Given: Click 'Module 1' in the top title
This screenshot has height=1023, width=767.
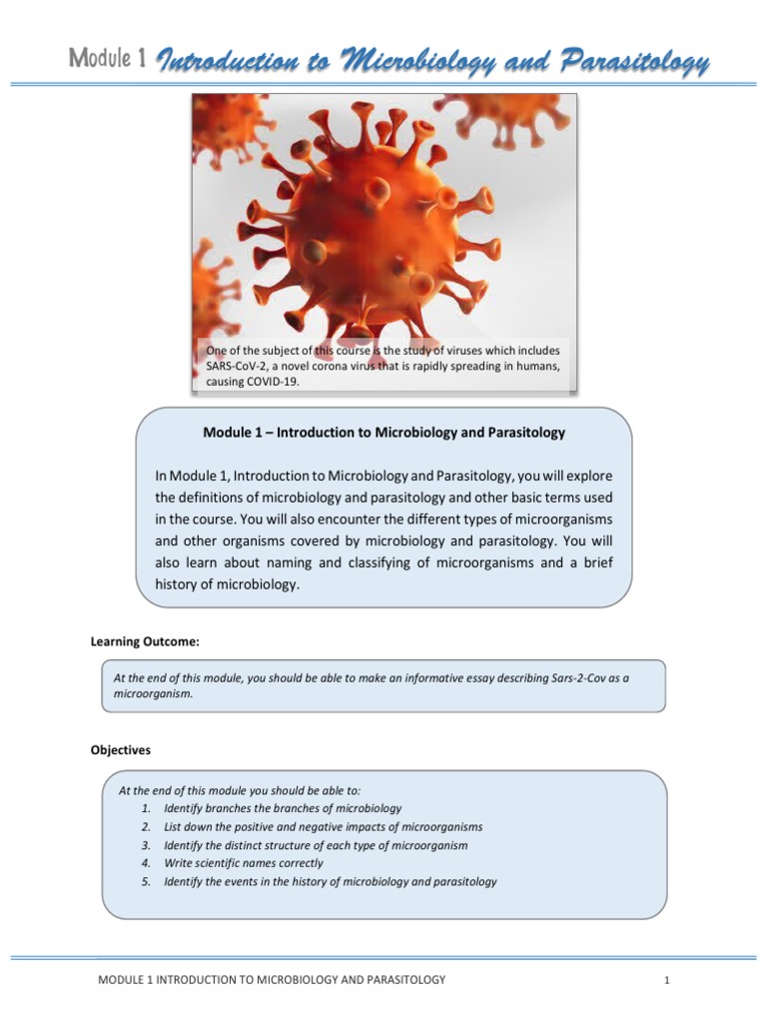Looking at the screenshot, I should click(x=109, y=59).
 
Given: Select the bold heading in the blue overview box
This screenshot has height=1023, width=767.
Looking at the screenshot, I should click(x=383, y=433).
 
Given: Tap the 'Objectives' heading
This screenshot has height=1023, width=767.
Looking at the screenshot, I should click(x=121, y=749).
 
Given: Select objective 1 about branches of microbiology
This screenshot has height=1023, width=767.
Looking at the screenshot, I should click(x=282, y=808).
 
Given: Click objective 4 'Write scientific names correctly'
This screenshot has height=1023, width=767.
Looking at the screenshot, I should click(x=243, y=863).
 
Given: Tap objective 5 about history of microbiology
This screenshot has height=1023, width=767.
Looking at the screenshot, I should click(x=330, y=882).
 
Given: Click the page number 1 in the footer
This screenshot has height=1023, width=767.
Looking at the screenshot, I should click(x=665, y=981).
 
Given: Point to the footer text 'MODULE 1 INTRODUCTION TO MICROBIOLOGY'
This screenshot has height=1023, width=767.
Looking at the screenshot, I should click(x=271, y=980).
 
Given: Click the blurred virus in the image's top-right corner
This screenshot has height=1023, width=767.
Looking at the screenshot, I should click(x=509, y=115).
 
